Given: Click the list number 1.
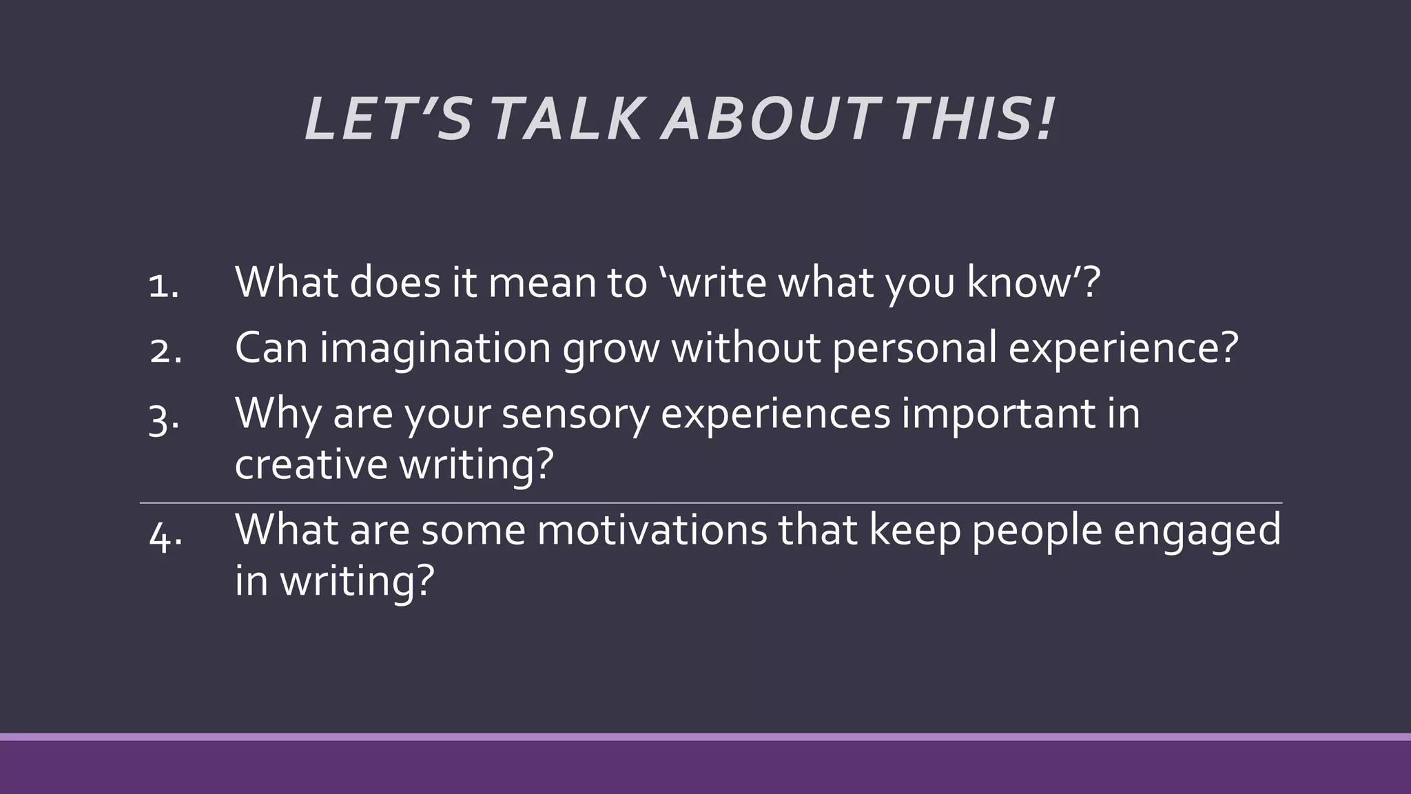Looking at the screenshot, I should pos(163,286).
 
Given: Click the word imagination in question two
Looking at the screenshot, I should pos(435,348).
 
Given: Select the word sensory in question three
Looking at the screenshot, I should pos(575,414).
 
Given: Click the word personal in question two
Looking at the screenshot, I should pos(914,348).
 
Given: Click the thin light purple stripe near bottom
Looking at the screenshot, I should pos(705,737).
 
